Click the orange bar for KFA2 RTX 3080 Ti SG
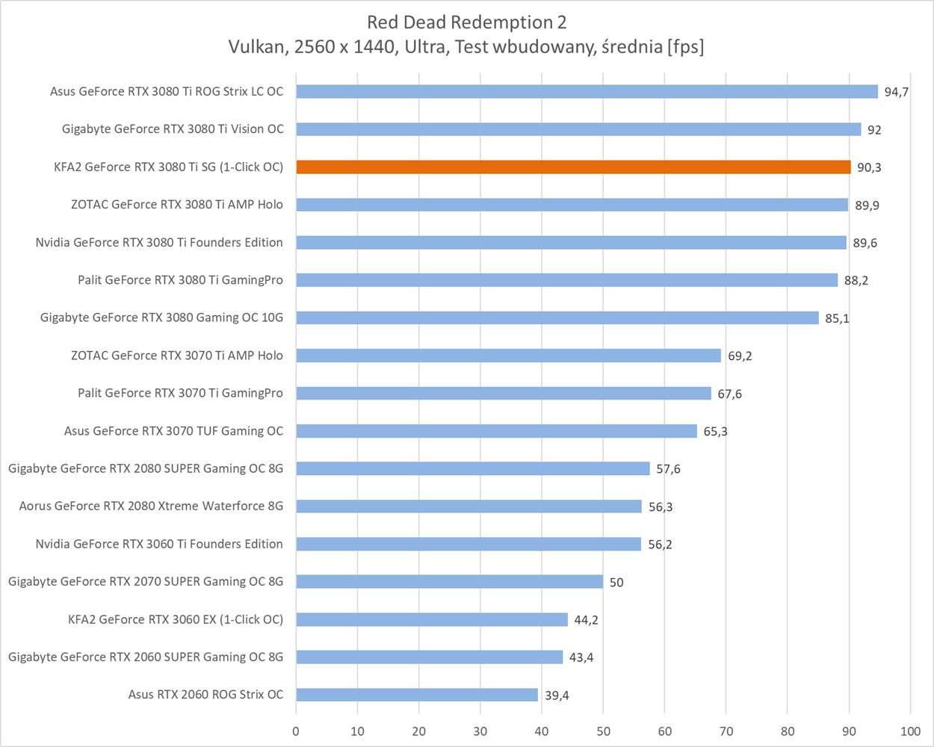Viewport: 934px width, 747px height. click(573, 167)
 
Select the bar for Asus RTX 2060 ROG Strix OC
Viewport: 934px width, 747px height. click(417, 695)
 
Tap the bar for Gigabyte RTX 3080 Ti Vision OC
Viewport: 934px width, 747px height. click(578, 129)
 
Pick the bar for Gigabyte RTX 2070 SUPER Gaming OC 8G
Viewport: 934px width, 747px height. click(449, 581)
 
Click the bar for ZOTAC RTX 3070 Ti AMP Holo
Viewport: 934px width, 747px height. click(508, 356)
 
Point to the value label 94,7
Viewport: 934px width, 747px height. click(896, 92)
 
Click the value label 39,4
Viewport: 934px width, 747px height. click(557, 695)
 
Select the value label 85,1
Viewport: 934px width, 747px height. click(837, 318)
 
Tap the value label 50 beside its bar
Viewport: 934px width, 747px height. click(616, 582)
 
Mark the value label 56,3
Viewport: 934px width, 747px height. click(661, 506)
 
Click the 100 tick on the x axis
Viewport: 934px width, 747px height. click(910, 731)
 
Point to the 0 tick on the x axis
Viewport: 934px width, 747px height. click(296, 731)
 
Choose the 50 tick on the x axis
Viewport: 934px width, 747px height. click(603, 731)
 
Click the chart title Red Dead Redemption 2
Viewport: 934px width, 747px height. click(466, 22)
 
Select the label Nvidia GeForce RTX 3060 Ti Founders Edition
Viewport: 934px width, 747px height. click(159, 544)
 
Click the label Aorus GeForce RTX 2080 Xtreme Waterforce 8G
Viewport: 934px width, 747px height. click(151, 506)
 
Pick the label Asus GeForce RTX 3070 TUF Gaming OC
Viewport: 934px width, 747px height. click(173, 430)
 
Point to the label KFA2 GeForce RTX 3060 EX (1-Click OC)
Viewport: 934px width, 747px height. click(176, 619)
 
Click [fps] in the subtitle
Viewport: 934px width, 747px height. click(685, 46)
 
